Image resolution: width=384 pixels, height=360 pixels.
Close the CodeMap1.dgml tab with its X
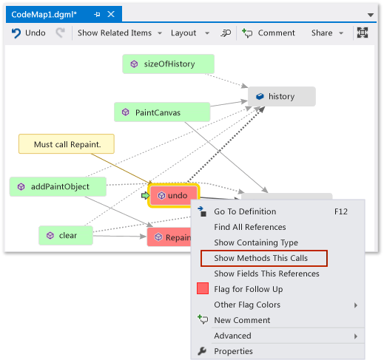(111, 14)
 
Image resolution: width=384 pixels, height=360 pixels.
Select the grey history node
(281, 97)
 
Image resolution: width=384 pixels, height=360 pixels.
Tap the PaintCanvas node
(162, 112)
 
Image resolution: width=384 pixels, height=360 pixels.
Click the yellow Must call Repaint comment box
(67, 143)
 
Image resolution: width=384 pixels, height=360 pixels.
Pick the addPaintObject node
(58, 187)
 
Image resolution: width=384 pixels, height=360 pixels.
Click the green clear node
(67, 236)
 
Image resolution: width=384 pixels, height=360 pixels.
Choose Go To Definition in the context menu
(245, 211)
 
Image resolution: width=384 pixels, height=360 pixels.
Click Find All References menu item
(249, 227)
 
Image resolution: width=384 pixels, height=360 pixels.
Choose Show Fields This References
(266, 274)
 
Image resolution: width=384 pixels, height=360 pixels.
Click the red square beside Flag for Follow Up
(203, 289)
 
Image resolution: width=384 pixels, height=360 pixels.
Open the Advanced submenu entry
(233, 336)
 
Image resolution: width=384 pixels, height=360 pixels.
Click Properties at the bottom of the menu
(233, 351)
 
